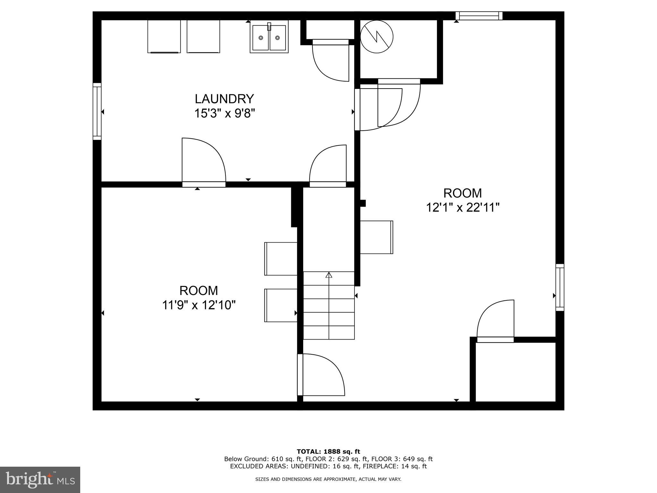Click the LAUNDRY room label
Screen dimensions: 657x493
pos(224,99)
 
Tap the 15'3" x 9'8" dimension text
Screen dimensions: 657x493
pos(224,113)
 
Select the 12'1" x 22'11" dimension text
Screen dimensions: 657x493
pos(463,208)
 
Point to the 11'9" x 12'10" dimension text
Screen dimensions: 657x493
pos(199,305)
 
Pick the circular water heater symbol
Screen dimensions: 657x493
pos(377,37)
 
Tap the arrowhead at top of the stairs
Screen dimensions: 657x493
pos(329,275)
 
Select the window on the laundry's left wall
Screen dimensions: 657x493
pos(97,111)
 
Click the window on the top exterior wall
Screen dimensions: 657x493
pos(479,16)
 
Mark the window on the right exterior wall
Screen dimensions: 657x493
pos(560,287)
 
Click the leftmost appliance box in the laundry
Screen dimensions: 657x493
pos(164,36)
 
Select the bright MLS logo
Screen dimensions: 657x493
pos(40,480)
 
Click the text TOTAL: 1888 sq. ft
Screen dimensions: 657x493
pos(328,452)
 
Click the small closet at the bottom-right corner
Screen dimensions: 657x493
pos(515,372)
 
